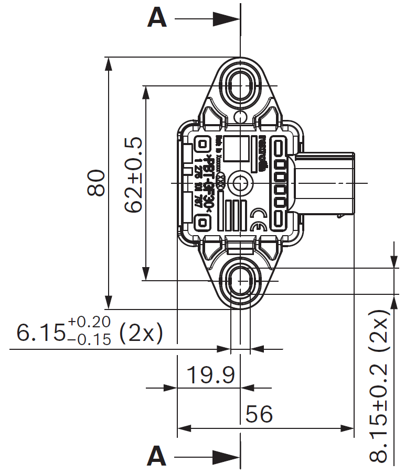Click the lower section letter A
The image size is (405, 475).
point(157,456)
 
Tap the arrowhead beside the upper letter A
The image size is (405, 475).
point(226,19)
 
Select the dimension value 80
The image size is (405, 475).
point(97,183)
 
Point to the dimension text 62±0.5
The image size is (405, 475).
point(134,174)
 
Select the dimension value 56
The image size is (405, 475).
point(259,414)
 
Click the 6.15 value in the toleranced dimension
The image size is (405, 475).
point(39,333)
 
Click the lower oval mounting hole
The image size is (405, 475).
point(240,280)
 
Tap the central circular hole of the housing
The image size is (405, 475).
point(240,183)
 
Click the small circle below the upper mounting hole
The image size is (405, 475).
point(240,116)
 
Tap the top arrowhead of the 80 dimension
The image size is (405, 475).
point(109,63)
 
